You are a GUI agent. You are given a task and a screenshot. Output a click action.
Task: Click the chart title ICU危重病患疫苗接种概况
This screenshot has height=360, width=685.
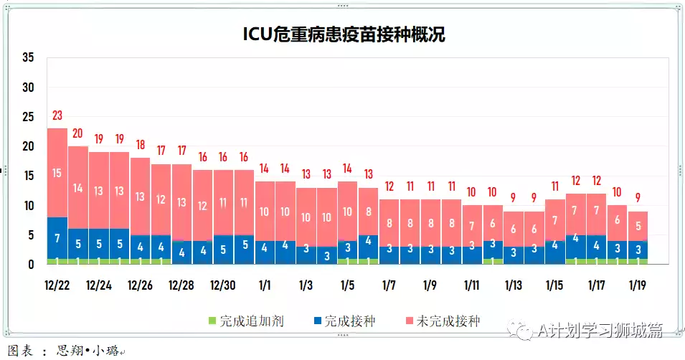click(x=344, y=34)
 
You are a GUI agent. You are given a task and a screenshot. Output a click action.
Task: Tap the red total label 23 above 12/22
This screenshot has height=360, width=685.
click(x=57, y=115)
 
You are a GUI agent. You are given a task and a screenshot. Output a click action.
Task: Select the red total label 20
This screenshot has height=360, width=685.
click(x=78, y=133)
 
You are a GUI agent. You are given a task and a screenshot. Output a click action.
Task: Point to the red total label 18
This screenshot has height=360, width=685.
click(x=140, y=145)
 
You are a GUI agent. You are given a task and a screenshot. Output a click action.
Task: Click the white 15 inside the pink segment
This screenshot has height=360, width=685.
click(x=57, y=173)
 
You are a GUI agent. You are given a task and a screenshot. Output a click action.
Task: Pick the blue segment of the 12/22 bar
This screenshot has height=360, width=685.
click(x=57, y=237)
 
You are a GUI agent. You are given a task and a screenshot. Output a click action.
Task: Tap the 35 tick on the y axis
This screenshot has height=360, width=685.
click(x=29, y=58)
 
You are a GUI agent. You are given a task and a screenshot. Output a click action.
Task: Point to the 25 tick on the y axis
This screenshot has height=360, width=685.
click(x=29, y=117)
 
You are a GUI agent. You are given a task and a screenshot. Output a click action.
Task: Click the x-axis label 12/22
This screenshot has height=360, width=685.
click(x=57, y=285)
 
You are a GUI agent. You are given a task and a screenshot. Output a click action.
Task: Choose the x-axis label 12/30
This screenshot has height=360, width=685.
click(x=223, y=285)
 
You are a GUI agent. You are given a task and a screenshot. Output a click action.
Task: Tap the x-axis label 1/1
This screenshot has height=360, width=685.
click(x=265, y=285)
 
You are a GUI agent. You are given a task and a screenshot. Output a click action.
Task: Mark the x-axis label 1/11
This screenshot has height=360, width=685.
click(x=472, y=285)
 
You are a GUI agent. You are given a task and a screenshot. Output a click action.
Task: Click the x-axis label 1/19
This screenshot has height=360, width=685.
click(x=638, y=285)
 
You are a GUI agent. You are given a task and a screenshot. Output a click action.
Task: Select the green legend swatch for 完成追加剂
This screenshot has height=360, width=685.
click(x=212, y=321)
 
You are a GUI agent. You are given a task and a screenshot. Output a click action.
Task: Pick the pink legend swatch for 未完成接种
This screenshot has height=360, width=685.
click(x=409, y=321)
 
